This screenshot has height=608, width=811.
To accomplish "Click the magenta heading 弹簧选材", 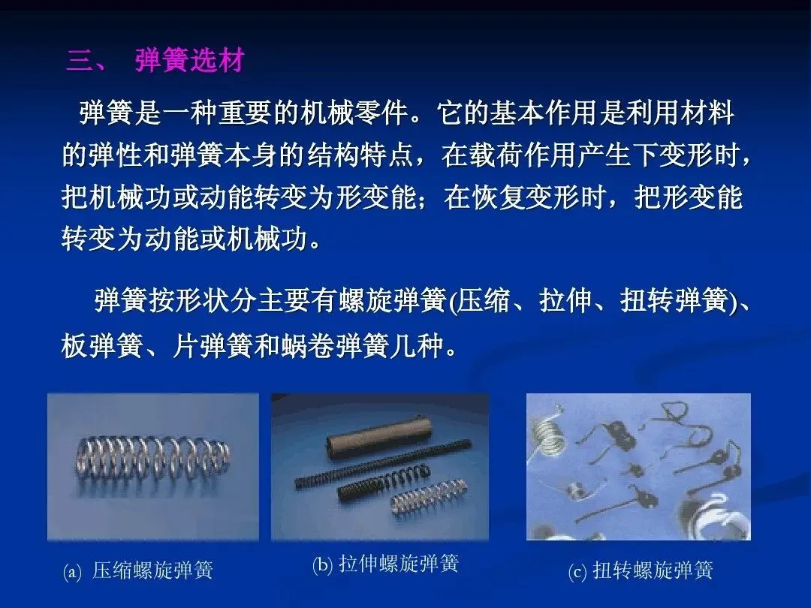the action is click(x=190, y=61).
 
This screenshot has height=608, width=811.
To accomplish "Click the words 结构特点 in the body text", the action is click(x=361, y=155).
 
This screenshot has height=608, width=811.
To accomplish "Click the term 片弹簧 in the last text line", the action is click(x=213, y=345).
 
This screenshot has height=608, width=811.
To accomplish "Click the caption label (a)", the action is click(x=72, y=571).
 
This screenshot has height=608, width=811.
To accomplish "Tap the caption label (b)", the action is click(x=322, y=564).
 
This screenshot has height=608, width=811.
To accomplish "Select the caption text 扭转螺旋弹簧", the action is click(x=653, y=570).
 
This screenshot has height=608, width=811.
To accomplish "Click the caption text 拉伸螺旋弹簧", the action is click(x=399, y=564).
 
